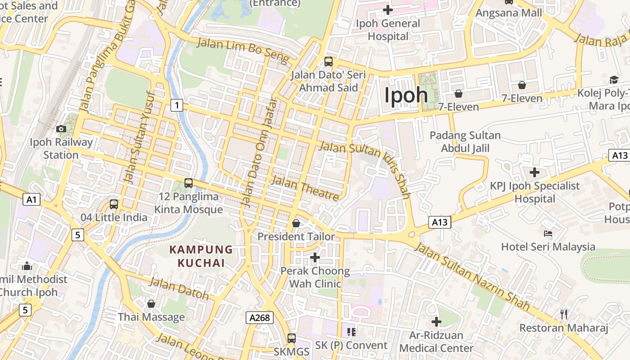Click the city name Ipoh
tap(406, 95)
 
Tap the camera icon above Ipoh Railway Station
tap(61, 129)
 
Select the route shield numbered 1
tap(177, 105)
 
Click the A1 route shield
tap(31, 199)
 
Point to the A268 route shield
tap(260, 318)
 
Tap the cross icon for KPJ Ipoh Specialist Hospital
tap(535, 172)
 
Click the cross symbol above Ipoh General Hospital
tap(387, 9)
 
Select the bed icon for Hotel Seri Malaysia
tap(548, 233)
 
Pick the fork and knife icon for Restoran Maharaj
tap(563, 314)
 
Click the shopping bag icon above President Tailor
tap(296, 223)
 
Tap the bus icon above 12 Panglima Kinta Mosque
tap(189, 183)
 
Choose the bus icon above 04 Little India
tap(114, 204)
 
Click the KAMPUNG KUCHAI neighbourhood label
tap(201, 256)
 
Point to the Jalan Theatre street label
tap(306, 188)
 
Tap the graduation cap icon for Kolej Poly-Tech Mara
tap(614, 80)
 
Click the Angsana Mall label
tap(509, 13)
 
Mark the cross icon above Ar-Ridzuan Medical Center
tap(436, 321)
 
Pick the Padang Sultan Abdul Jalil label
tap(465, 142)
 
